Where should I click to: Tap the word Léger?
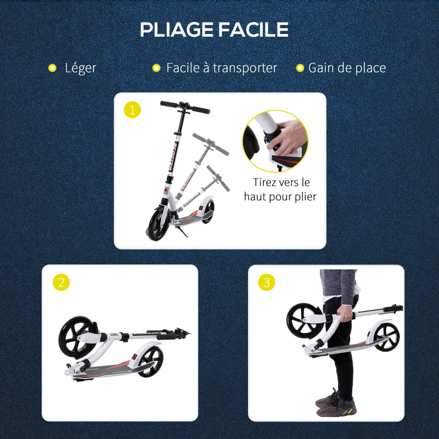80,68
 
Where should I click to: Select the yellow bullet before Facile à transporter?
156,68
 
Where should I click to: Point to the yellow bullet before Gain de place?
300,68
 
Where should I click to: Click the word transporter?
245,68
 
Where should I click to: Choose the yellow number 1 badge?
132,110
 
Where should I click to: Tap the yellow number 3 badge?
267,283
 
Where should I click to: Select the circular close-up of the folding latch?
275,142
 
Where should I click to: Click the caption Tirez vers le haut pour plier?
280,189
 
